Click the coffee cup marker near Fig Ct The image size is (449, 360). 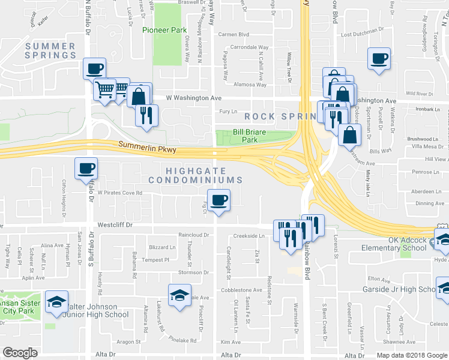218,200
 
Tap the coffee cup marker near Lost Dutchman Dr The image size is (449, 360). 379,59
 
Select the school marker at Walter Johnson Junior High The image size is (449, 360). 179,295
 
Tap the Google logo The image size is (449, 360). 20,353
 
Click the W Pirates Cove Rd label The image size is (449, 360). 116,193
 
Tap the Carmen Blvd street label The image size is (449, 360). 234,35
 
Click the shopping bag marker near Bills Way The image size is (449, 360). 349,136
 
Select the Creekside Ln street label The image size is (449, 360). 249,236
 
